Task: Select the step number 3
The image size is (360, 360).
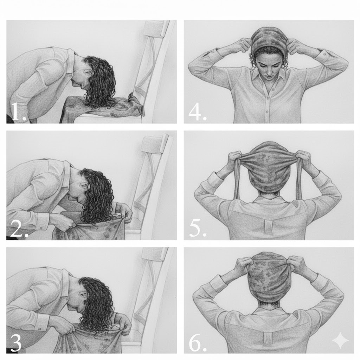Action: coord(15,342)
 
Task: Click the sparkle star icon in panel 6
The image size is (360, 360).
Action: coord(340,340)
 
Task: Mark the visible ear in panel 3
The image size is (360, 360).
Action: coord(83,295)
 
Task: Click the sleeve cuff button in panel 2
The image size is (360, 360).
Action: coord(41,228)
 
